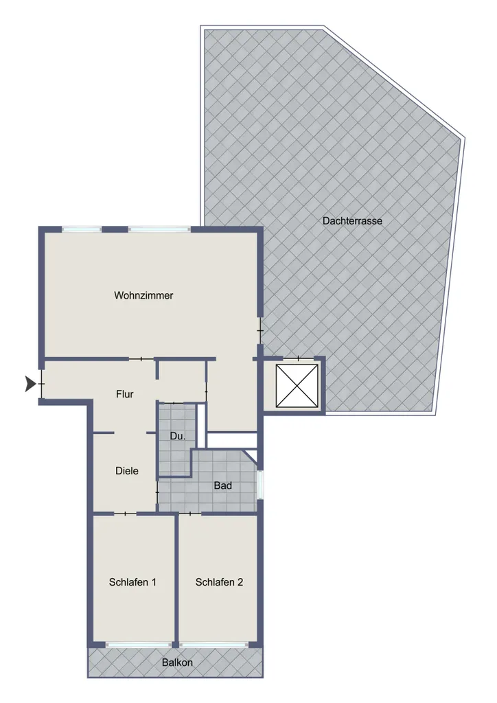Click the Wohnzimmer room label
point(143,295)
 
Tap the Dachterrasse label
point(352,220)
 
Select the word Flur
point(124,394)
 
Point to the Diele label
point(127,471)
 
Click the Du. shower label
point(178,436)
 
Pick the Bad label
point(222,485)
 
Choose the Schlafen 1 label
point(132,582)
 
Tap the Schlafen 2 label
point(219,582)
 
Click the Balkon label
point(178,662)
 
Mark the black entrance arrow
point(30,384)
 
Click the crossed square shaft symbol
point(297,386)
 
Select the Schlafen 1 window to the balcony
point(139,645)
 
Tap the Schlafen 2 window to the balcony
point(213,645)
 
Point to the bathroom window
point(260,484)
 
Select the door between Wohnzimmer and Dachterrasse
point(260,331)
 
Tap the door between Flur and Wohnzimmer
point(141,358)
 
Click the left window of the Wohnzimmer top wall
point(82,229)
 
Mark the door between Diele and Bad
point(157,492)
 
